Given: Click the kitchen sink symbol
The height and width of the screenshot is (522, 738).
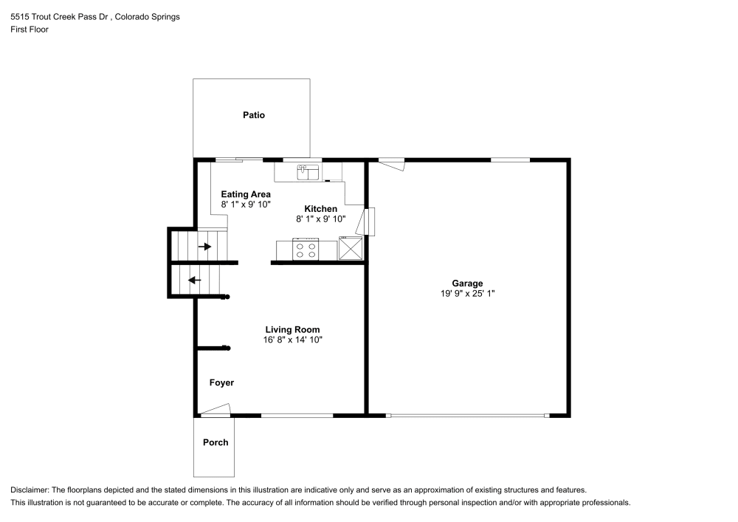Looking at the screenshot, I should click(307, 172).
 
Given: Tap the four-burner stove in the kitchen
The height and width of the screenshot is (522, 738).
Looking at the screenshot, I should click(306, 250).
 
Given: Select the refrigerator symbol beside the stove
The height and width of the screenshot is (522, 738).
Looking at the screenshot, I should click(351, 248).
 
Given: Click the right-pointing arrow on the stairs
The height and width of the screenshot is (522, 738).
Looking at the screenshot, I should click(205, 246).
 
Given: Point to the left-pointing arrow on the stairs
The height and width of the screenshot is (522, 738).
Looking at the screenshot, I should click(195, 280).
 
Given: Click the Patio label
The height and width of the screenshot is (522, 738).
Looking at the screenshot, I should click(254, 115).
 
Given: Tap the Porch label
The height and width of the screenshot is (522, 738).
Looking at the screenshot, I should click(215, 442).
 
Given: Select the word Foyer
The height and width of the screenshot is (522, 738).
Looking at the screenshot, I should click(221, 382).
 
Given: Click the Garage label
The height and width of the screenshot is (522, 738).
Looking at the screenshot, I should click(467, 283).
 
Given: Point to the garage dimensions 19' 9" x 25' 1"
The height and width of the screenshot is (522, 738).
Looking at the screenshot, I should click(467, 294).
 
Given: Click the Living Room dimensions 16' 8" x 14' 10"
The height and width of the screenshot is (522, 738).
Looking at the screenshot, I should click(292, 340).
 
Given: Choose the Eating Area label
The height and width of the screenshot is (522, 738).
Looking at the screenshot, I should click(246, 194).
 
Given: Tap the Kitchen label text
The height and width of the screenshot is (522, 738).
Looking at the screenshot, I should click(320, 209).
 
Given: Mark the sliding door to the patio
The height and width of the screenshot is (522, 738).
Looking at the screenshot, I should click(238, 159).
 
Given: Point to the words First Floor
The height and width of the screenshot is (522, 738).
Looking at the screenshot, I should click(30, 30).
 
